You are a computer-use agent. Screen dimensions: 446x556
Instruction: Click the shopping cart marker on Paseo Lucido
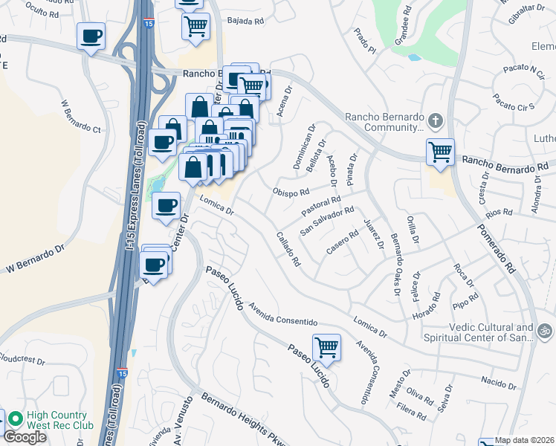(x=326, y=346)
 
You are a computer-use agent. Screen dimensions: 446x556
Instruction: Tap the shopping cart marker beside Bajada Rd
(x=195, y=26)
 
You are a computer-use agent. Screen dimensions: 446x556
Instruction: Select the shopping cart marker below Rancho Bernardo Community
(x=441, y=152)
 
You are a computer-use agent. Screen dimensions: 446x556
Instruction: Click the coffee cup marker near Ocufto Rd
(x=91, y=36)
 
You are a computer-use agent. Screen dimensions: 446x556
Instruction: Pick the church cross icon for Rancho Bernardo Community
(x=436, y=120)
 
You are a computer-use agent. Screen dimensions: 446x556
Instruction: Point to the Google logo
(x=25, y=437)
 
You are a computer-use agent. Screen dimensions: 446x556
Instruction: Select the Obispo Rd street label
(x=291, y=192)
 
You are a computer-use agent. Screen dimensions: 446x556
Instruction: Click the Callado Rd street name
(x=288, y=251)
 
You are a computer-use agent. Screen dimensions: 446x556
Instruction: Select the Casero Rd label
(x=342, y=243)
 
